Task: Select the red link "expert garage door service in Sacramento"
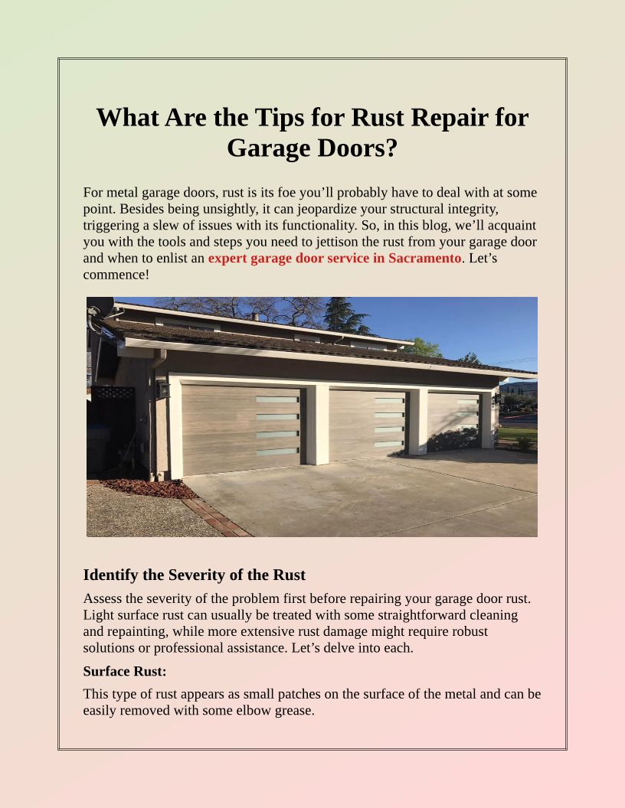click(x=334, y=258)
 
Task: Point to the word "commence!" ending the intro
click(x=116, y=274)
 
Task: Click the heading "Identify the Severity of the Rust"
click(x=194, y=575)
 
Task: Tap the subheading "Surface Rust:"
click(x=124, y=671)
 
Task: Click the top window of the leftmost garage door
click(x=277, y=399)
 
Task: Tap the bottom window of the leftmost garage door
click(x=277, y=452)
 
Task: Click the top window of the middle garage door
click(x=389, y=400)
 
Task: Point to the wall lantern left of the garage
click(x=162, y=389)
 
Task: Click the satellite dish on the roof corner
click(x=100, y=308)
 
